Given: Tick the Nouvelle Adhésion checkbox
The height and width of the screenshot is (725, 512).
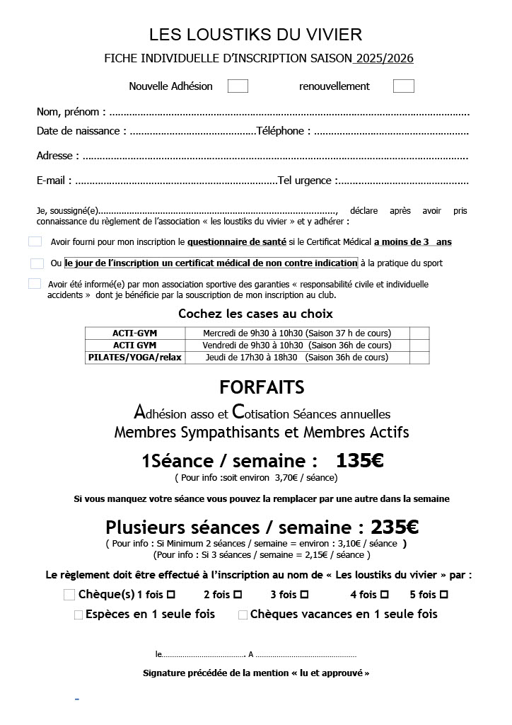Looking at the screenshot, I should pos(238,86).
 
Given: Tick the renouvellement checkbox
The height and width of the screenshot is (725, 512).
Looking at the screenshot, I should pos(403,86).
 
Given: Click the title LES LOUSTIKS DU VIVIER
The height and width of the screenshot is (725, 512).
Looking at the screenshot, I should pos(255,35).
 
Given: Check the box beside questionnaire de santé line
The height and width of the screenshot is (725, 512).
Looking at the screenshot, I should pos(35,241).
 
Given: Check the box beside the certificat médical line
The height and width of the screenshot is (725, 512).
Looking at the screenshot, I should pos(37,263).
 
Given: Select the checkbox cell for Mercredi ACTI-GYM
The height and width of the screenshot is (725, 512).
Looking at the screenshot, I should pos(419,333).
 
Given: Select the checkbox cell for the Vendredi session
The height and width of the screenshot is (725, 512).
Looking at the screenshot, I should pos(419,345).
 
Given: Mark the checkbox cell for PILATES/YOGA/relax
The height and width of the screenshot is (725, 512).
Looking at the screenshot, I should pos(419,358).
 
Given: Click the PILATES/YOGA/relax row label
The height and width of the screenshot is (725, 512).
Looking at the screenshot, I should pos(135,358).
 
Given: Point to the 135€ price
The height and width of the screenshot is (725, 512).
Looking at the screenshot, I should pos(359,461).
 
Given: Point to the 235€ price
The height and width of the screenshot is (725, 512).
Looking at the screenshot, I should pos(395,527).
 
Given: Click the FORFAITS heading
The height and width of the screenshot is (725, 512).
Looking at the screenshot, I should pos(262,387).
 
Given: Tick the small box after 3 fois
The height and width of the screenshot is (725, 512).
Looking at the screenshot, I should pos(304,595).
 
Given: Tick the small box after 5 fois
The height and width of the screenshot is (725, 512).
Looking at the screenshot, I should pos(444,595).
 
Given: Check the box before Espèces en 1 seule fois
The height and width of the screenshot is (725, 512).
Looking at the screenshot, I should pos(78,615).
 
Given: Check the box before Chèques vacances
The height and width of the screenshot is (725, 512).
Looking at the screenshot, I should pos(243,615).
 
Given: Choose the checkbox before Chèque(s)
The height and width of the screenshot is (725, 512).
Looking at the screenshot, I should pos(69,595).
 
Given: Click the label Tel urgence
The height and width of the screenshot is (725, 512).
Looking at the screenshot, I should pos(307,181).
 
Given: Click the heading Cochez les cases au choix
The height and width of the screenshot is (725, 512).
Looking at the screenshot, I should pos(255,314).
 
